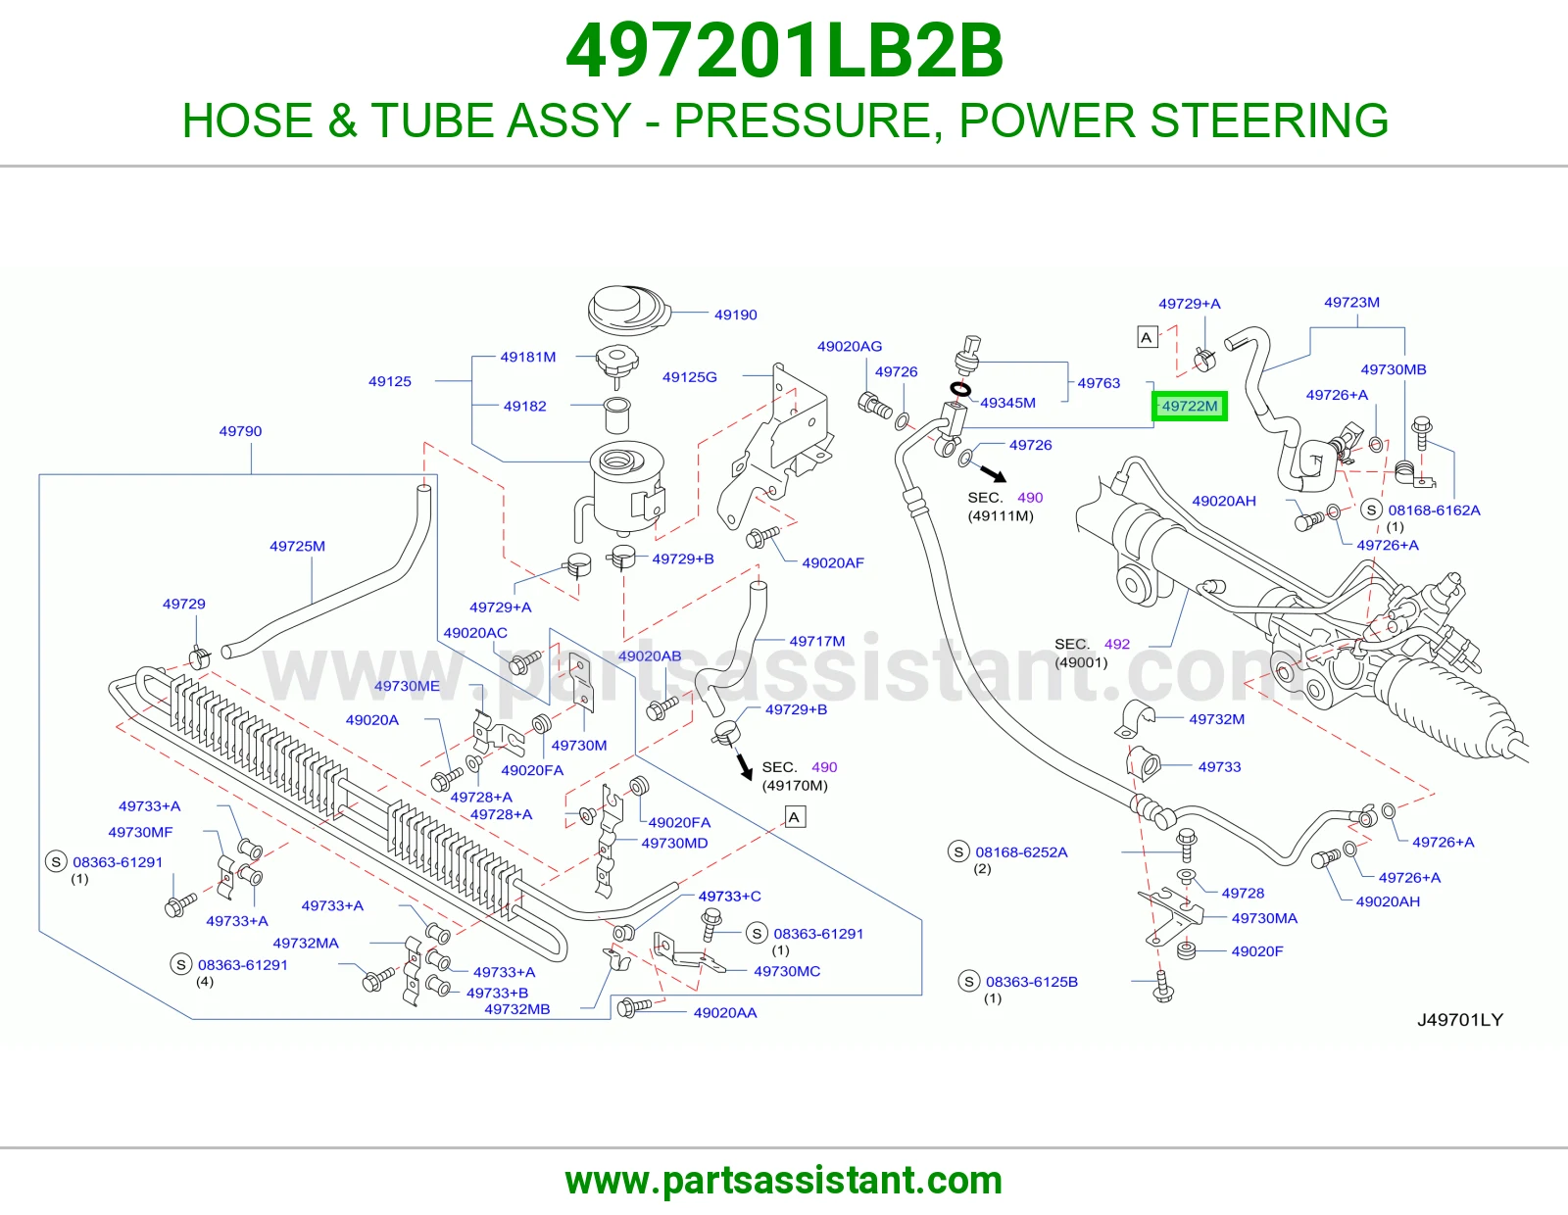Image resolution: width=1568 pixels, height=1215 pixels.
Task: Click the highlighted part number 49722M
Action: [1189, 407]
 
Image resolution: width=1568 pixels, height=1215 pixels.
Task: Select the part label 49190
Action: [735, 315]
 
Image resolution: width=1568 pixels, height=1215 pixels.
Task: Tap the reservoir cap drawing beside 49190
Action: [628, 311]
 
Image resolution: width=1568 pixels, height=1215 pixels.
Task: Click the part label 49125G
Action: [689, 377]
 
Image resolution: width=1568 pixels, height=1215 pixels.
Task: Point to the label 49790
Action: [240, 431]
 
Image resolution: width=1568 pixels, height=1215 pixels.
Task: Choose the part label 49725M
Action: [297, 546]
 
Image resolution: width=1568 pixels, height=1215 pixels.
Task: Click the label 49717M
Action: [817, 641]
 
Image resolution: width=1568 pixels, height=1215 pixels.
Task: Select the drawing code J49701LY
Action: [1460, 1019]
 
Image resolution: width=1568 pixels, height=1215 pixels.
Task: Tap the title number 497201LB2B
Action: [784, 51]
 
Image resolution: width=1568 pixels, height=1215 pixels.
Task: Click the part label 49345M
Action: [1007, 403]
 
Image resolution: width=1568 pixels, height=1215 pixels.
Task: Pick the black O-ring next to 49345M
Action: [959, 390]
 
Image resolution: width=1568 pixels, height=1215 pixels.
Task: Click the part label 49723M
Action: [1351, 303]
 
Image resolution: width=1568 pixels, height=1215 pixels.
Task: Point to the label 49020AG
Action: [850, 346]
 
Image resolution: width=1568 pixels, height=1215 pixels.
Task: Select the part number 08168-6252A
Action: [1021, 852]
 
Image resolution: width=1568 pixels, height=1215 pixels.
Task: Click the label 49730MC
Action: [787, 971]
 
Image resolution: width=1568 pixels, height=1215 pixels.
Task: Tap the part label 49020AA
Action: [725, 1013]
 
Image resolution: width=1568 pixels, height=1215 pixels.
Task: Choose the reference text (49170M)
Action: [795, 786]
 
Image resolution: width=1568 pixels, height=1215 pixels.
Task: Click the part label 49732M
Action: [1216, 719]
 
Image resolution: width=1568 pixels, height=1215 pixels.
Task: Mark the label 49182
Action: [524, 407]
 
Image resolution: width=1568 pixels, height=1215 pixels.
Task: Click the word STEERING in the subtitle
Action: [1269, 121]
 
